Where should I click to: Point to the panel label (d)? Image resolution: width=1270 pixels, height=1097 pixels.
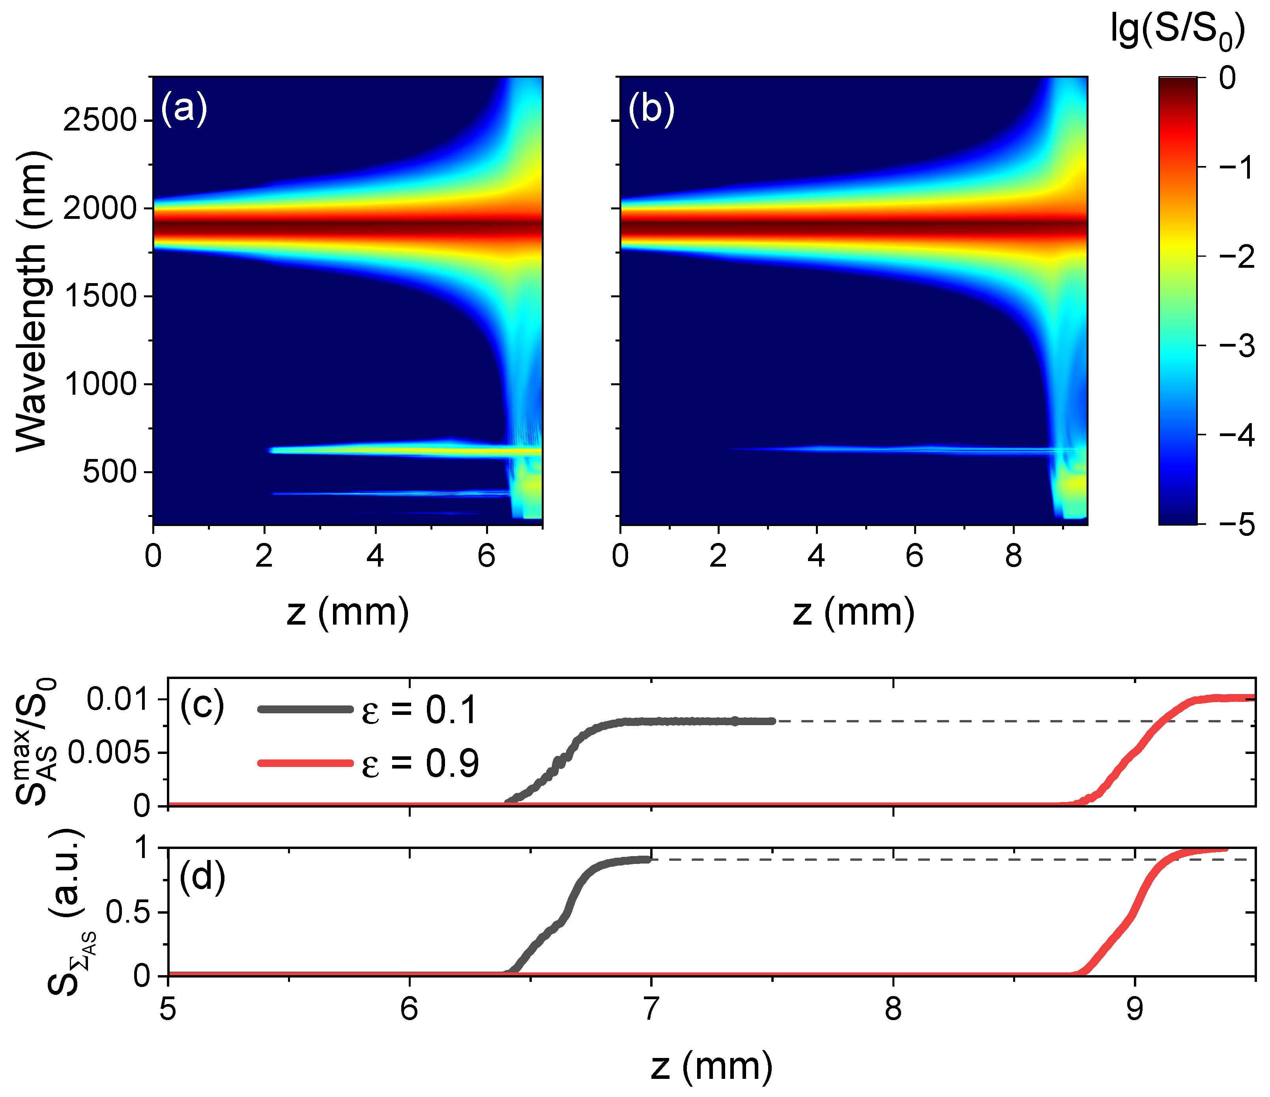pos(202,877)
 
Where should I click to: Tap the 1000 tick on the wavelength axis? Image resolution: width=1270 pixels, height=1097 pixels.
pos(100,384)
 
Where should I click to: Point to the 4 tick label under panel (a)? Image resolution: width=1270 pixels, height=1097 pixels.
pos(375,556)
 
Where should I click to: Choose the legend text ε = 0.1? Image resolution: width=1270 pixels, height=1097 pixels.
pos(419,711)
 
